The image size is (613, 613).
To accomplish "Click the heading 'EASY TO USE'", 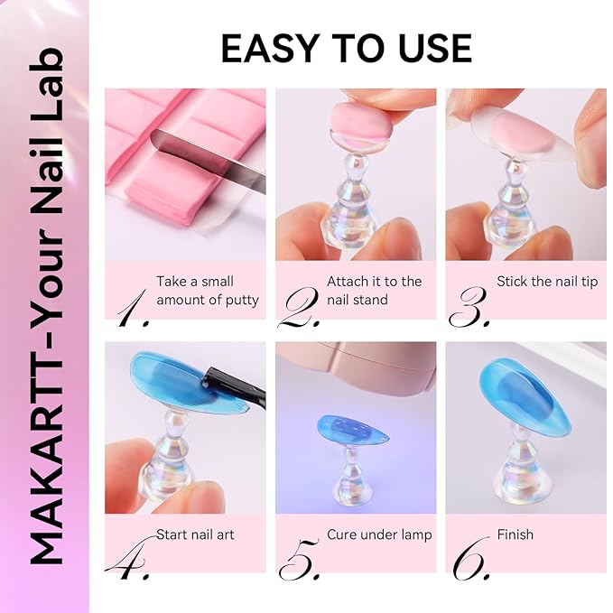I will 346,48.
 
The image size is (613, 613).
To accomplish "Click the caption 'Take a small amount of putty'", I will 207,291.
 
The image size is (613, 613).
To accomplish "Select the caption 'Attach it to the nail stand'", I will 374,291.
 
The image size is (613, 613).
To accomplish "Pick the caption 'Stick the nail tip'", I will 547,282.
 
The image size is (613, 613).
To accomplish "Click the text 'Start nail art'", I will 195,534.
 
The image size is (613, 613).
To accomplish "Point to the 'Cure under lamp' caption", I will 379,534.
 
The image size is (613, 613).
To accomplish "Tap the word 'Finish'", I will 515,534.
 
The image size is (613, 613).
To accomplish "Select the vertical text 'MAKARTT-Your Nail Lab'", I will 45,307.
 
